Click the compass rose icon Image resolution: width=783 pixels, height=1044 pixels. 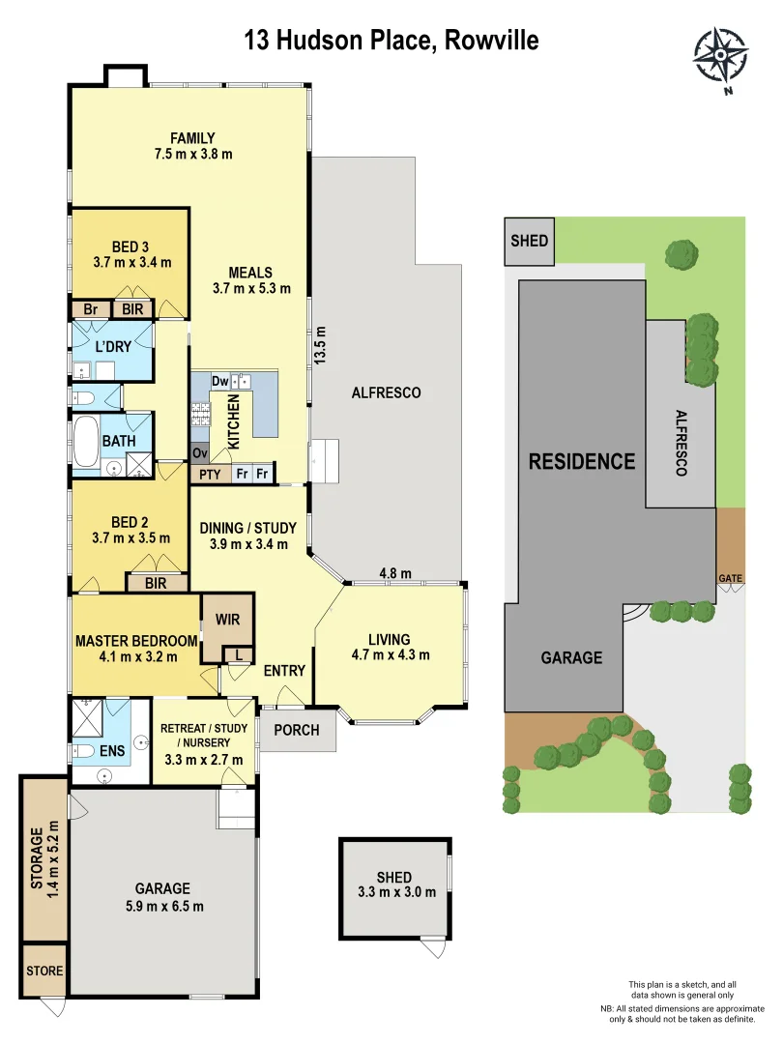point(721,59)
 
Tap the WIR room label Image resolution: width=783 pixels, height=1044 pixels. point(228,618)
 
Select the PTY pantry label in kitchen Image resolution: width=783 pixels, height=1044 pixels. point(209,474)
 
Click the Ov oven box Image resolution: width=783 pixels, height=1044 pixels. point(201,452)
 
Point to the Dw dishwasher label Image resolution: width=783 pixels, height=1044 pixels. point(219,381)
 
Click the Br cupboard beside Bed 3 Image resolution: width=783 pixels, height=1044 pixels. point(90,309)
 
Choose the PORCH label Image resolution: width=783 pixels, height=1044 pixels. point(297,730)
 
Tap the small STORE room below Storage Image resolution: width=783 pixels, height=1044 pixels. point(44,971)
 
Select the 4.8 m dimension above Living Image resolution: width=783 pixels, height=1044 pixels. point(395,573)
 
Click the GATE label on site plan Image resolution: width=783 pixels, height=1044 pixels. point(730,578)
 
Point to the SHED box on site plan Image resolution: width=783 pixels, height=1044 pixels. point(529,241)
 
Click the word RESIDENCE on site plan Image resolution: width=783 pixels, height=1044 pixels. point(582,461)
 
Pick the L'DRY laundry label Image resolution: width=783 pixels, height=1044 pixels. point(112,345)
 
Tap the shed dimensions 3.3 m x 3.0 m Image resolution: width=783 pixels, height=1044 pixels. point(393,891)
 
